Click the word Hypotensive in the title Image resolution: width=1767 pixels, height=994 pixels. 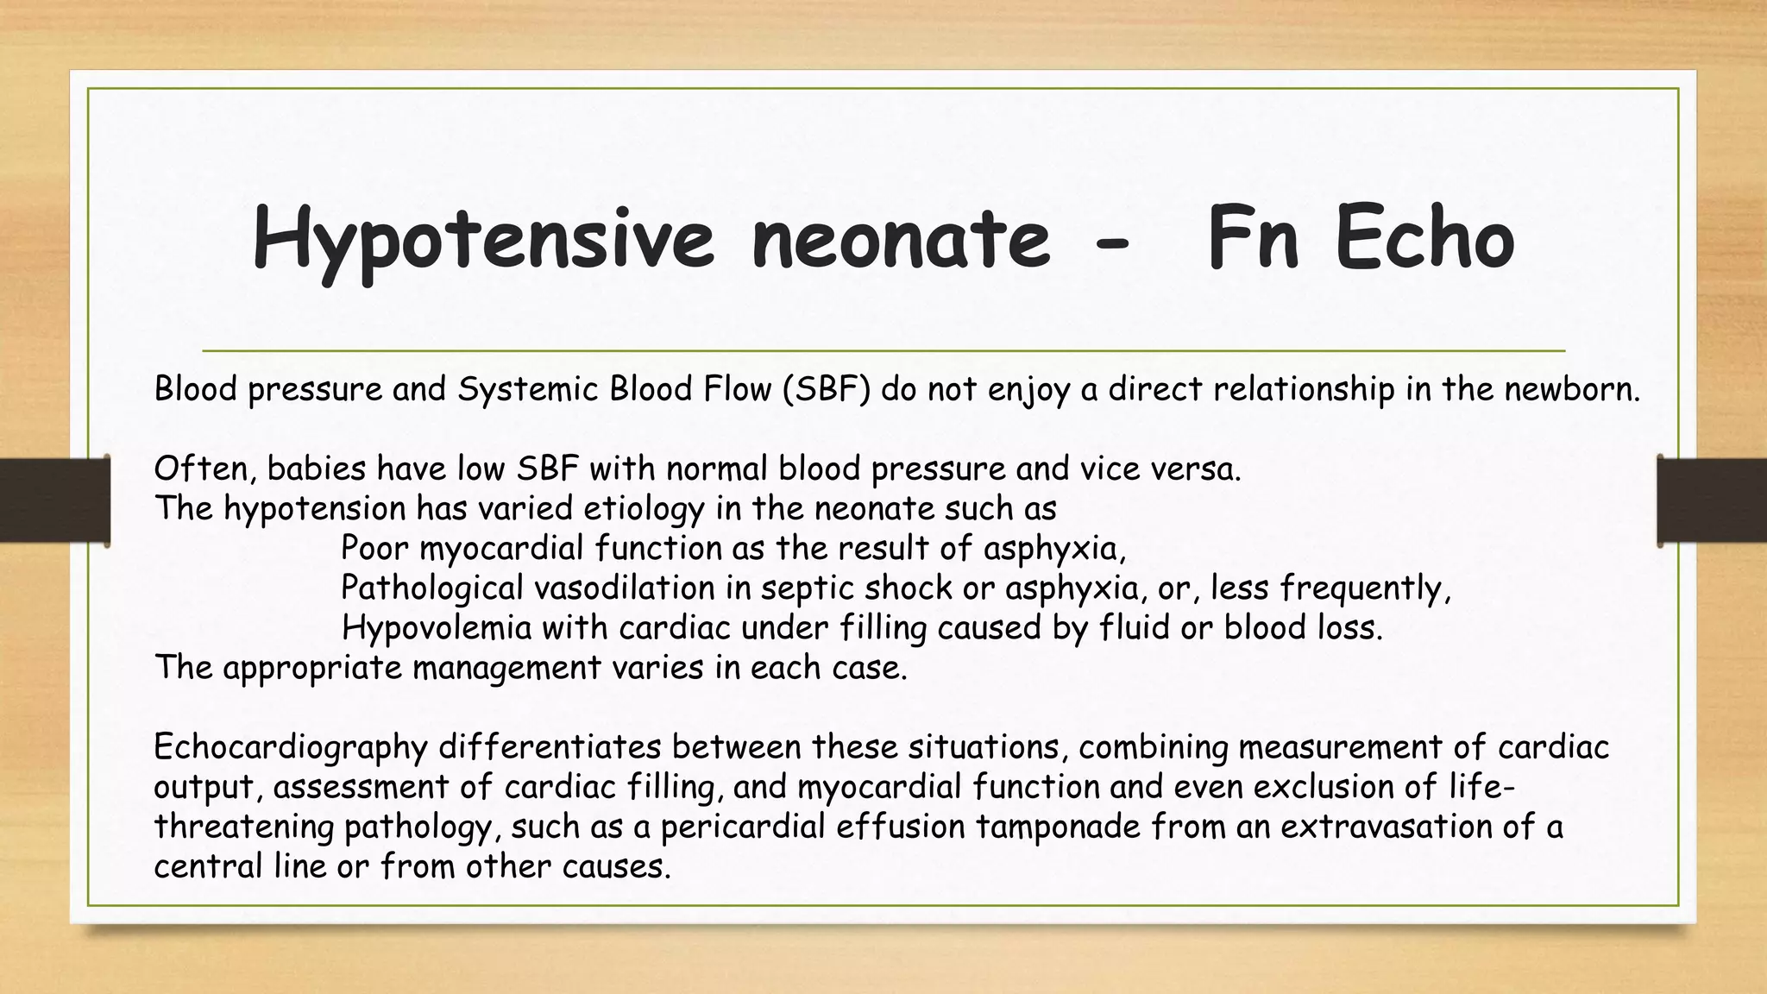click(483, 241)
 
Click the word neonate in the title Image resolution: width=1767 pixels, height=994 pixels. click(901, 239)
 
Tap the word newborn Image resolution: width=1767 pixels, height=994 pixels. click(1571, 390)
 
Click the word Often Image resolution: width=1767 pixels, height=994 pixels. click(205, 469)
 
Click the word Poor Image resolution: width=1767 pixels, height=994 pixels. click(375, 549)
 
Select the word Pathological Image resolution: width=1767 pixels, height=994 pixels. click(432, 588)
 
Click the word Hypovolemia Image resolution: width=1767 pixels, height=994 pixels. click(437, 628)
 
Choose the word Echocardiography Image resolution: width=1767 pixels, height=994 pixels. click(291, 747)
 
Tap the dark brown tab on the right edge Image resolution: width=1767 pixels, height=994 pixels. click(1713, 500)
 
